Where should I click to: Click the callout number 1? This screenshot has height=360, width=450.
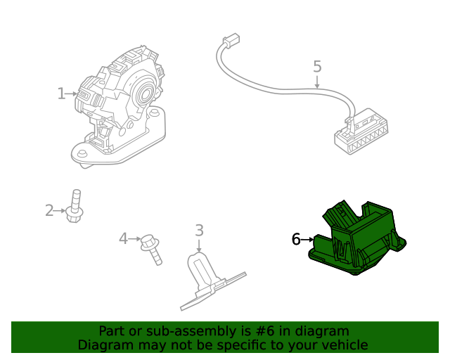pyautogui.click(x=61, y=94)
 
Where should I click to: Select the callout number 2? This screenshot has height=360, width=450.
pyautogui.click(x=49, y=210)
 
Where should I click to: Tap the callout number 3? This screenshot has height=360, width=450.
pyautogui.click(x=199, y=230)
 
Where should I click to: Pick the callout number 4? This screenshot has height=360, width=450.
pyautogui.click(x=123, y=239)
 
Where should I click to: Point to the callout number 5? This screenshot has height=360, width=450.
pyautogui.click(x=317, y=67)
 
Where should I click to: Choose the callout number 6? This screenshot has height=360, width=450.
pyautogui.click(x=296, y=240)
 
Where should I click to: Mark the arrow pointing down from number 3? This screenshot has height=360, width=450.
pyautogui.click(x=199, y=245)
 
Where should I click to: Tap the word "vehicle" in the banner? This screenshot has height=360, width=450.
pyautogui.click(x=344, y=345)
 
